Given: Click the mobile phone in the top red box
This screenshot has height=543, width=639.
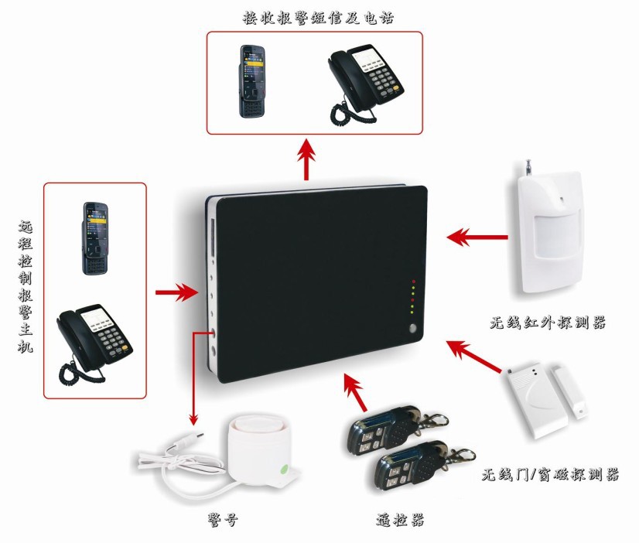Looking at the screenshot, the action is click(252, 81).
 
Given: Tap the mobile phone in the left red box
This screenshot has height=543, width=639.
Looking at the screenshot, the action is click(96, 238).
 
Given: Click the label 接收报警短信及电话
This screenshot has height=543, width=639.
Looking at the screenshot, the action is click(318, 18).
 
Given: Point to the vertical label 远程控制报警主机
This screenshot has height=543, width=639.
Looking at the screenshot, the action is click(26, 286).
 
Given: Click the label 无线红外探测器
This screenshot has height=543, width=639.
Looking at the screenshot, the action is click(548, 323).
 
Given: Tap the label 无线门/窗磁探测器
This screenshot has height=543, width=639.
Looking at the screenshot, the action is click(550, 474).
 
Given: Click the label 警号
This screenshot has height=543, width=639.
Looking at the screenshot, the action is click(223, 520).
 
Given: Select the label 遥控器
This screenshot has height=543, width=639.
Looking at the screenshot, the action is click(400, 520).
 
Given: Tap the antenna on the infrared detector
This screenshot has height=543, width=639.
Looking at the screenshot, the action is click(528, 167).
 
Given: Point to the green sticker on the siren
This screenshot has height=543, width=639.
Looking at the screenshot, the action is click(285, 470).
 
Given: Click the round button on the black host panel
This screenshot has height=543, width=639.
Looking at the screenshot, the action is click(413, 328).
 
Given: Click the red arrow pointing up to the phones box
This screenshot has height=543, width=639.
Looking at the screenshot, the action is click(306, 159).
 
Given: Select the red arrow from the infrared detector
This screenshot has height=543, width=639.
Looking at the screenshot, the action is click(477, 237).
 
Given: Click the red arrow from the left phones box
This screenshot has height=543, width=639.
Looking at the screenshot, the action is click(177, 292).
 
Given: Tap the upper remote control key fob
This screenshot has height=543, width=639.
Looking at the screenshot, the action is click(393, 428).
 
